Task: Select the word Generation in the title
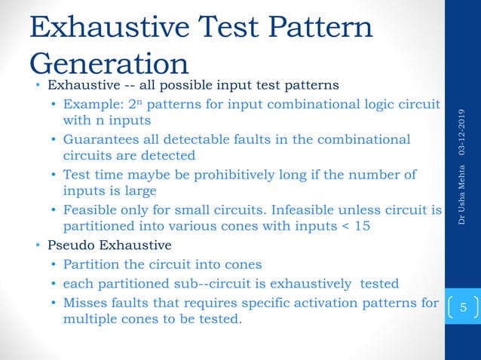click(x=109, y=64)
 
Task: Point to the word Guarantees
click(x=100, y=139)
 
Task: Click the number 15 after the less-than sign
click(x=362, y=226)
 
